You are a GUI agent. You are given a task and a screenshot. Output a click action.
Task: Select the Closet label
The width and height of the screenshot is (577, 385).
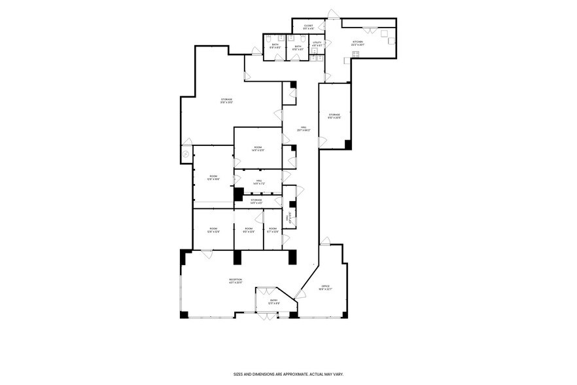pyautogui.click(x=308, y=27)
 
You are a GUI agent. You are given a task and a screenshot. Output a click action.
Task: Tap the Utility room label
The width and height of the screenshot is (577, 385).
pyautogui.click(x=317, y=44)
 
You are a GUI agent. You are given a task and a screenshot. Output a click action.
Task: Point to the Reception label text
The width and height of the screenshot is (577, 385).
pyautogui.click(x=236, y=281)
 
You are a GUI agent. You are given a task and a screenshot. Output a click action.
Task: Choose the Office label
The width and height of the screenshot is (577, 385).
pyautogui.click(x=326, y=287)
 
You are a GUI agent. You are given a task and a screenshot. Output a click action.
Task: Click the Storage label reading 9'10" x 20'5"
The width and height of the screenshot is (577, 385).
pyautogui.click(x=334, y=116)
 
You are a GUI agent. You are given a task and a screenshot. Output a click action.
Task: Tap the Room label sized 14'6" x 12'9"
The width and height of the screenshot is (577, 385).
pyautogui.click(x=258, y=149)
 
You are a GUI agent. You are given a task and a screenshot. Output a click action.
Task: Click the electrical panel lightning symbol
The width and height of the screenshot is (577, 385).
pyautogui.click(x=185, y=154)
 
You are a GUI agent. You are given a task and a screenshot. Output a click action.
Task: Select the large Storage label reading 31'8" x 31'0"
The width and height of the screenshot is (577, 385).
pyautogui.click(x=227, y=101)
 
